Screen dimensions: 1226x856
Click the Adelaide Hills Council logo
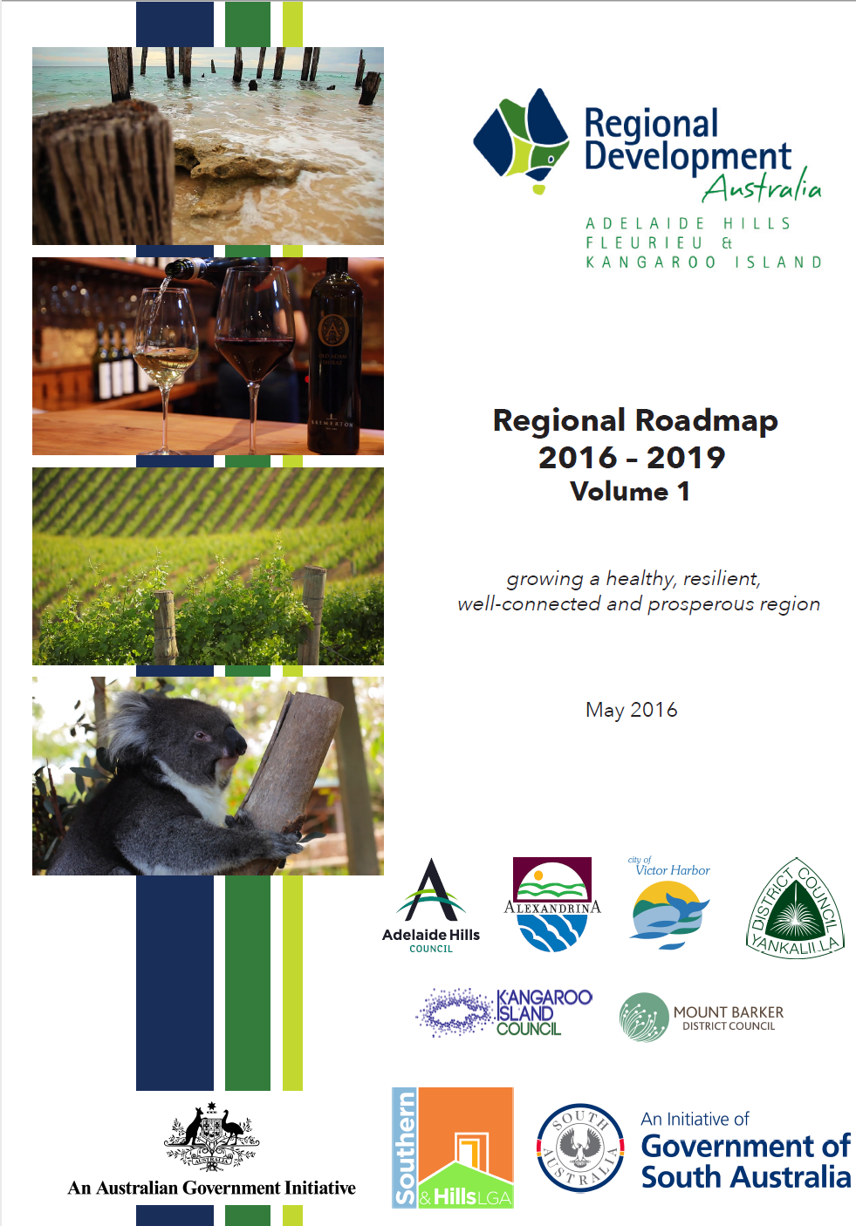pos(431,904)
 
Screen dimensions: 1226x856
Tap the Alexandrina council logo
pos(552,904)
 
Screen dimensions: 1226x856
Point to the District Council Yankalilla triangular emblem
pos(794,909)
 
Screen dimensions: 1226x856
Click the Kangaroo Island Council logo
pos(504,1012)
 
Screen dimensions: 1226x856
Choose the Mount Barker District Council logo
pos(702,1017)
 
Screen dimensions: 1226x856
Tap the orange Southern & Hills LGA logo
pos(453,1148)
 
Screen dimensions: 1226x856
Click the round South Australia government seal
pos(580,1148)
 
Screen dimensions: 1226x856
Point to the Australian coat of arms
pos(211,1135)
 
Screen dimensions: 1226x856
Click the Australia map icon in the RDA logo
pos(522,140)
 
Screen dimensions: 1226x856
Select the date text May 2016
pos(631,710)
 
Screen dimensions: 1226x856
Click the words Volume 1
pos(630,492)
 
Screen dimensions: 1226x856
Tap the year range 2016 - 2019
pos(632,458)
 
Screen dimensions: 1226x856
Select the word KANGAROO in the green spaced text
pos(651,262)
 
